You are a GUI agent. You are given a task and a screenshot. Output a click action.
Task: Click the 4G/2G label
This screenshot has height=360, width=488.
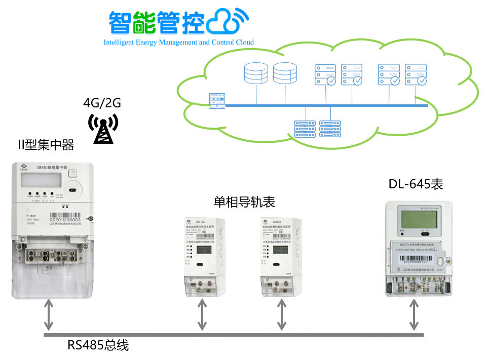[x=102, y=104]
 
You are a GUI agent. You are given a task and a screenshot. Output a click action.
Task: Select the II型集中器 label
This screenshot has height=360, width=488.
[x=46, y=146]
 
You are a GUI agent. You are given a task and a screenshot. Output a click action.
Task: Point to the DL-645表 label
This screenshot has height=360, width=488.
[x=416, y=184]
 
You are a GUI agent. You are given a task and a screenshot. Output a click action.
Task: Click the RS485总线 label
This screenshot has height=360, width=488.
[x=98, y=346]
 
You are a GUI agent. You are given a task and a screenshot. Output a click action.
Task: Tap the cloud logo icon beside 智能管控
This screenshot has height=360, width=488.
[x=230, y=21]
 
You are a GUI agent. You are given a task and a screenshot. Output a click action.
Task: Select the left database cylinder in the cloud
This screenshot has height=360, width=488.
[x=256, y=73]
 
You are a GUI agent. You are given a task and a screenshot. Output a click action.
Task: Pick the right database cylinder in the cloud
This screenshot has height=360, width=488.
[x=285, y=73]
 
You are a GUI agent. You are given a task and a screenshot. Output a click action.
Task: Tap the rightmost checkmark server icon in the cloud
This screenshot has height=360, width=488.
[x=416, y=74]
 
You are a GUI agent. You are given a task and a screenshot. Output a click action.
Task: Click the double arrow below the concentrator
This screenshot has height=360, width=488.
[x=48, y=314]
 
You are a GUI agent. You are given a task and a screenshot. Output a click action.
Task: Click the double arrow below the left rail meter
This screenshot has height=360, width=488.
[x=202, y=314]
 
